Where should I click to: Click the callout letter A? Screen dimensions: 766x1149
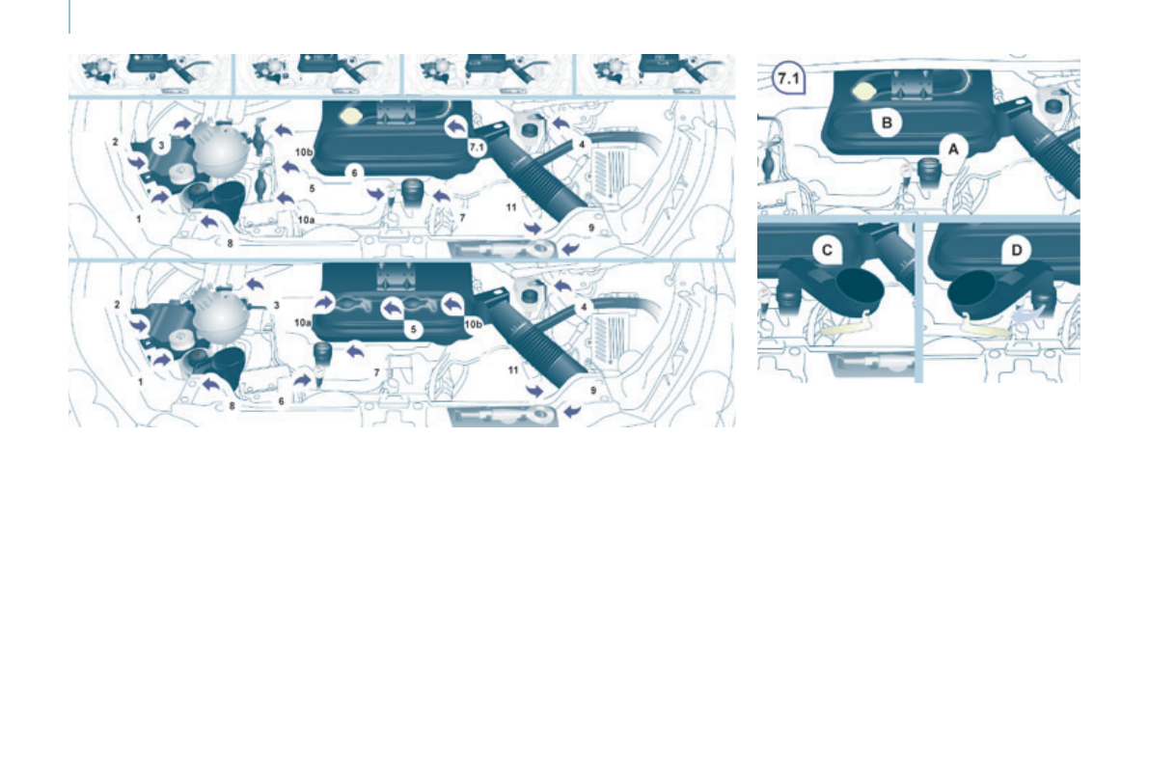(953, 149)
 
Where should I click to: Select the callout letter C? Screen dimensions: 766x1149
(827, 250)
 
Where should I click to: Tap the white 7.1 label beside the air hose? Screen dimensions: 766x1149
(475, 148)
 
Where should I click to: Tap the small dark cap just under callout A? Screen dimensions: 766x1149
(929, 172)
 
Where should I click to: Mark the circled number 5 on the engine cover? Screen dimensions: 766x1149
(413, 329)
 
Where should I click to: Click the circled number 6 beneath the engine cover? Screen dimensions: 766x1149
(355, 172)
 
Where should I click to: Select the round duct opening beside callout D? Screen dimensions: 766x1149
(971, 288)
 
